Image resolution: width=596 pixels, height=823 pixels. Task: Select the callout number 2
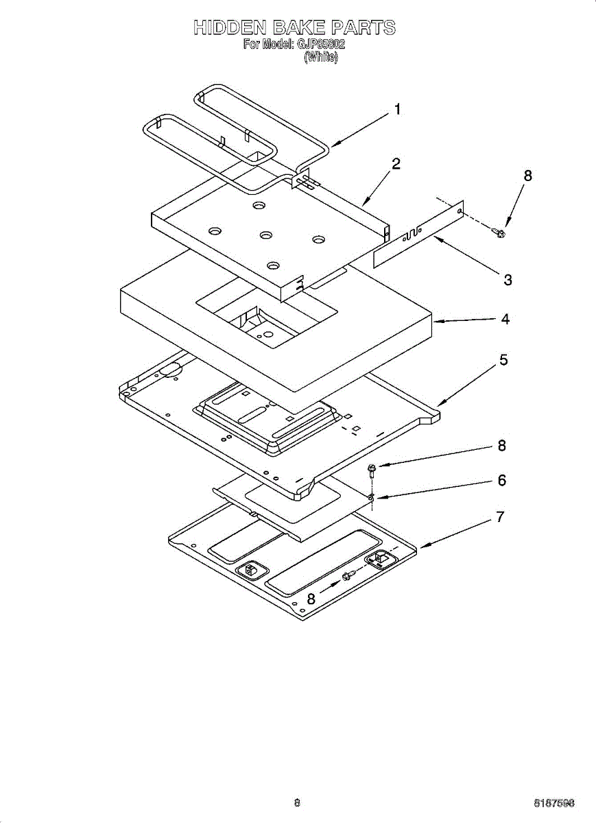[396, 164]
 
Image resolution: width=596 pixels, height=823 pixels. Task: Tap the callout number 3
[508, 280]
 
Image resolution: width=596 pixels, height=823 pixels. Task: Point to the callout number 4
[505, 319]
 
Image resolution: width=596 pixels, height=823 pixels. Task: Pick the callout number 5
[503, 360]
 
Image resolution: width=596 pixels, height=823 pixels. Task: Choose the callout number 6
[502, 481]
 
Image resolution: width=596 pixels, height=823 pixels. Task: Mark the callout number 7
[501, 518]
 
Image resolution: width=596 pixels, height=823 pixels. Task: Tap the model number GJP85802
[320, 45]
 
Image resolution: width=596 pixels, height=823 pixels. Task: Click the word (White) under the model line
[321, 58]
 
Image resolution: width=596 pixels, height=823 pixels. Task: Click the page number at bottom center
[297, 802]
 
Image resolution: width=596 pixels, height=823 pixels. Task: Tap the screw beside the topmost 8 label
[499, 232]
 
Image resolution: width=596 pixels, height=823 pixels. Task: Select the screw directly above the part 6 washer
[372, 470]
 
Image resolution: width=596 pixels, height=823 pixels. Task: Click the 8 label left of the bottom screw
[311, 599]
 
